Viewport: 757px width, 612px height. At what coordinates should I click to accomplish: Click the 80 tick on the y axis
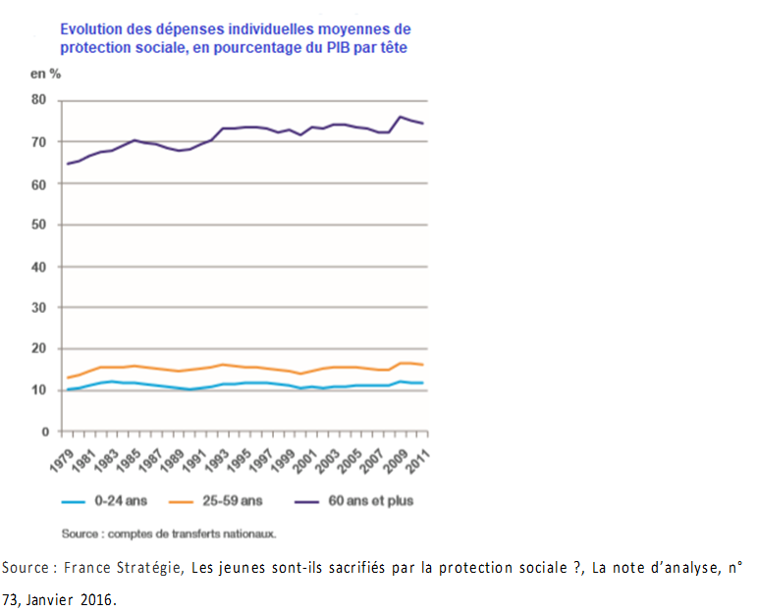coord(40,100)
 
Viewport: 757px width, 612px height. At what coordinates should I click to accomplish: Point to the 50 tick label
coord(40,225)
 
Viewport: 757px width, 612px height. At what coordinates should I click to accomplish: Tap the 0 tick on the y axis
coord(44,432)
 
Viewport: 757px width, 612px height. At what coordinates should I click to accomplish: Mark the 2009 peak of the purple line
coord(401,117)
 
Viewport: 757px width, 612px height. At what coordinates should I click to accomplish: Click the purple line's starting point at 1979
coord(67,164)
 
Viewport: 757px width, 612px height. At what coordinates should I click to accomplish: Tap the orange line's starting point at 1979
coord(67,378)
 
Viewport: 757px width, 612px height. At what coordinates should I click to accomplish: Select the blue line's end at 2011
coord(423,382)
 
